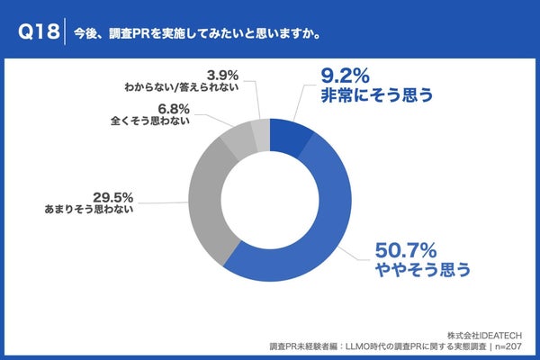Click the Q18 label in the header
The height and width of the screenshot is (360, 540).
click(38, 31)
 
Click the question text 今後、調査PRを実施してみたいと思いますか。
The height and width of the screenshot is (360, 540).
click(196, 32)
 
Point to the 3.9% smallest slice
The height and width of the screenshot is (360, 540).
click(259, 132)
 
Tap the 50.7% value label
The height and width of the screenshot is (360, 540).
click(400, 247)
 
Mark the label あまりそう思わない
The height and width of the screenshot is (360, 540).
click(94, 209)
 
